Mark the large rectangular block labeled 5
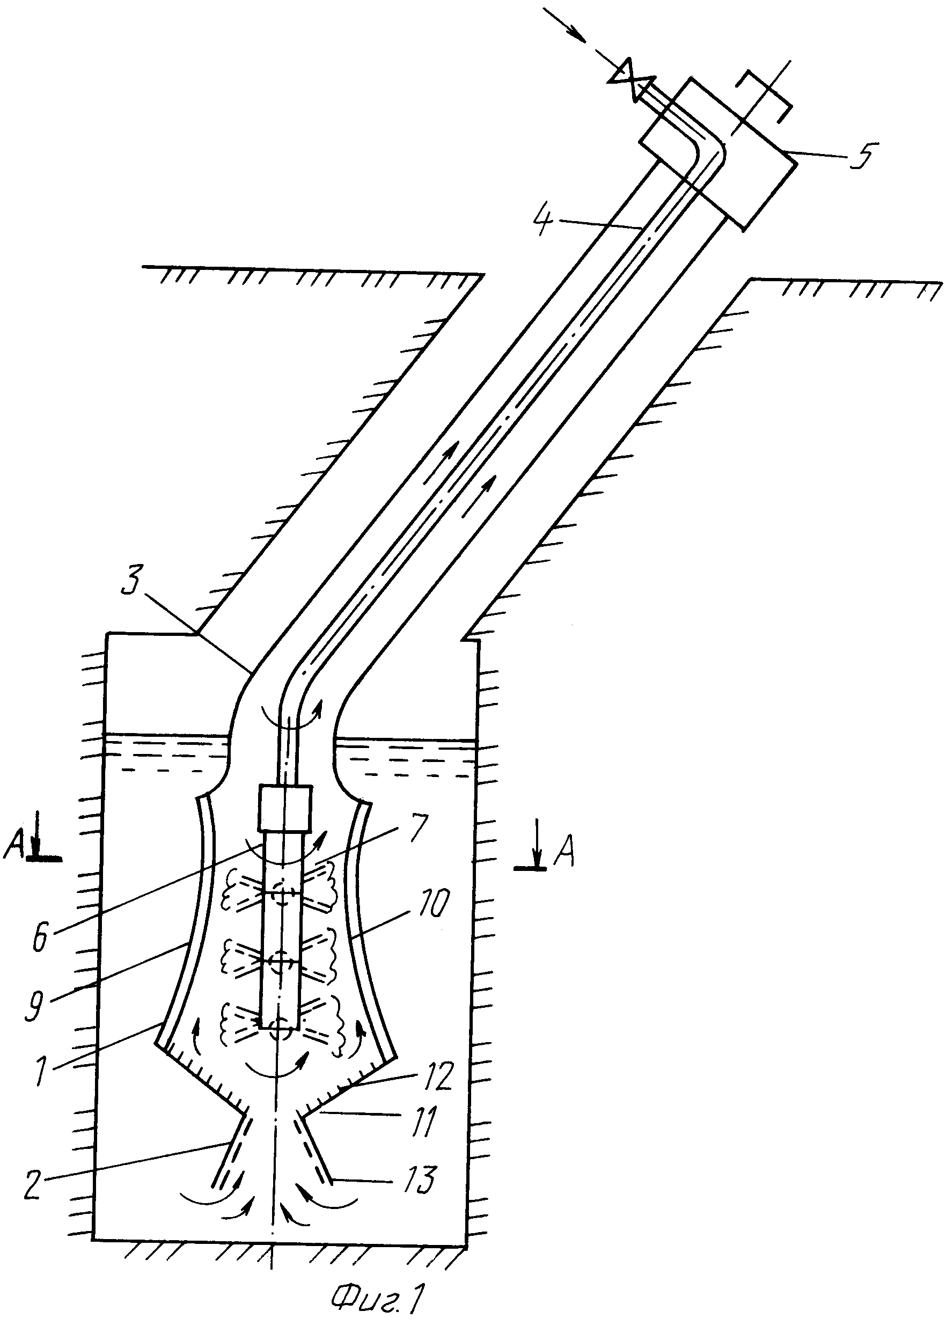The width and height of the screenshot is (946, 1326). (x=717, y=154)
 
